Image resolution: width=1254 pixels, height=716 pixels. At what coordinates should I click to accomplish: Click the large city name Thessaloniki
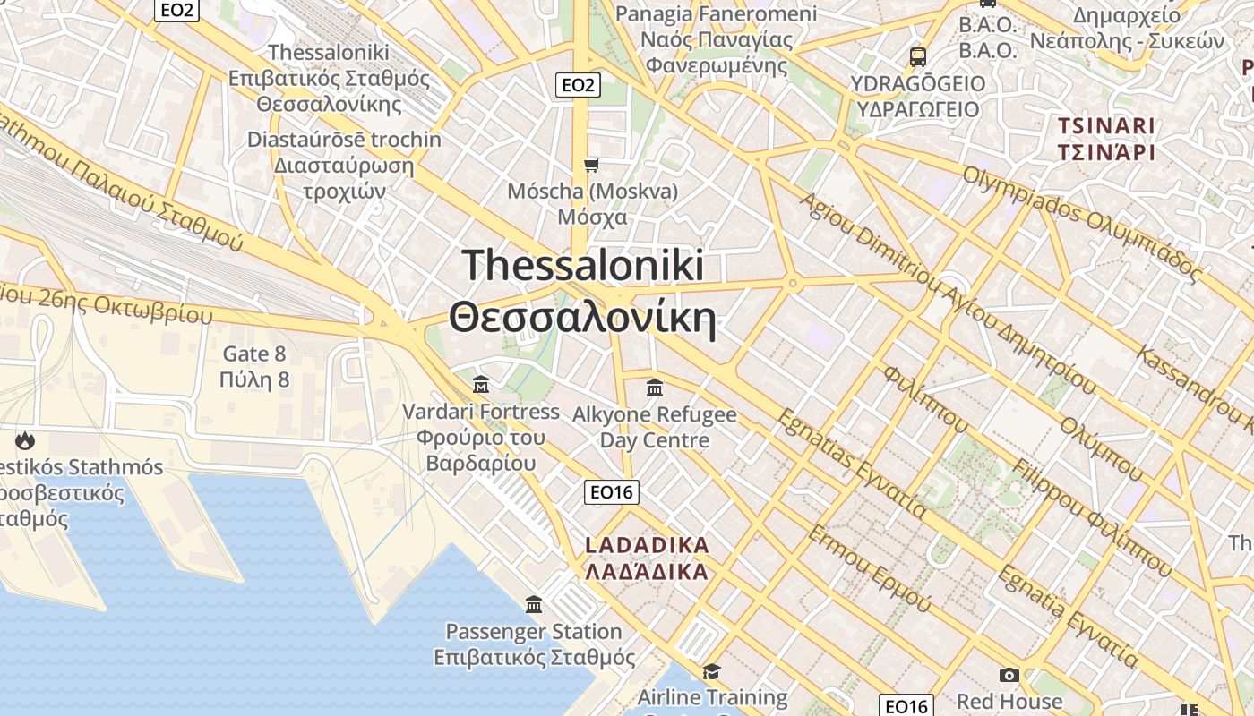[x=583, y=266]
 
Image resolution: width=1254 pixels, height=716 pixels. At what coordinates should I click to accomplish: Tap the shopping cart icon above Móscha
[x=591, y=165]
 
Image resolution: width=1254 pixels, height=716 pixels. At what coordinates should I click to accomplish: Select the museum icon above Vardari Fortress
[x=481, y=385]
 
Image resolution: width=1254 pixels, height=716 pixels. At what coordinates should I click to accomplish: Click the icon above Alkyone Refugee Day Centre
[x=655, y=388]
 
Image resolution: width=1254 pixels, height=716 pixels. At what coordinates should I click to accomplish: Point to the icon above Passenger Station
[x=535, y=604]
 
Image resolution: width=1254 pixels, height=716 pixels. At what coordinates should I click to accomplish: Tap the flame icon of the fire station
[x=24, y=440]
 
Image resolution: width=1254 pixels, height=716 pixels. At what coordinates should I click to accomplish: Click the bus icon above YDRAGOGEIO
[x=918, y=57]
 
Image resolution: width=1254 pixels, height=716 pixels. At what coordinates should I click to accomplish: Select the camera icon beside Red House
[x=1009, y=676]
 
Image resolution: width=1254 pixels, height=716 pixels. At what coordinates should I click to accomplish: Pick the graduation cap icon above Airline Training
[x=712, y=671]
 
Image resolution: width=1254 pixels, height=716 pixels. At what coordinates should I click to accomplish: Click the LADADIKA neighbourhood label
[x=647, y=545]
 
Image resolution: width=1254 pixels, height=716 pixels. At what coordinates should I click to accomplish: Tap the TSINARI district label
[x=1106, y=125]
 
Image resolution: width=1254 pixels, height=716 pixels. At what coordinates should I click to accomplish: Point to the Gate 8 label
[x=254, y=354]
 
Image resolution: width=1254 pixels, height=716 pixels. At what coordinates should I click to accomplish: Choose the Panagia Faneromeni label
[x=717, y=14]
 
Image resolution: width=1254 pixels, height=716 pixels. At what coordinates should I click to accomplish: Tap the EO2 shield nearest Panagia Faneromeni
[x=578, y=85]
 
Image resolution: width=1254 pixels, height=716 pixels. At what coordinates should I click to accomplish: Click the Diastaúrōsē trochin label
[x=344, y=140]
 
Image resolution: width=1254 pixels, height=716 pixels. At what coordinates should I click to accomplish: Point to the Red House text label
[x=1009, y=701]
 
